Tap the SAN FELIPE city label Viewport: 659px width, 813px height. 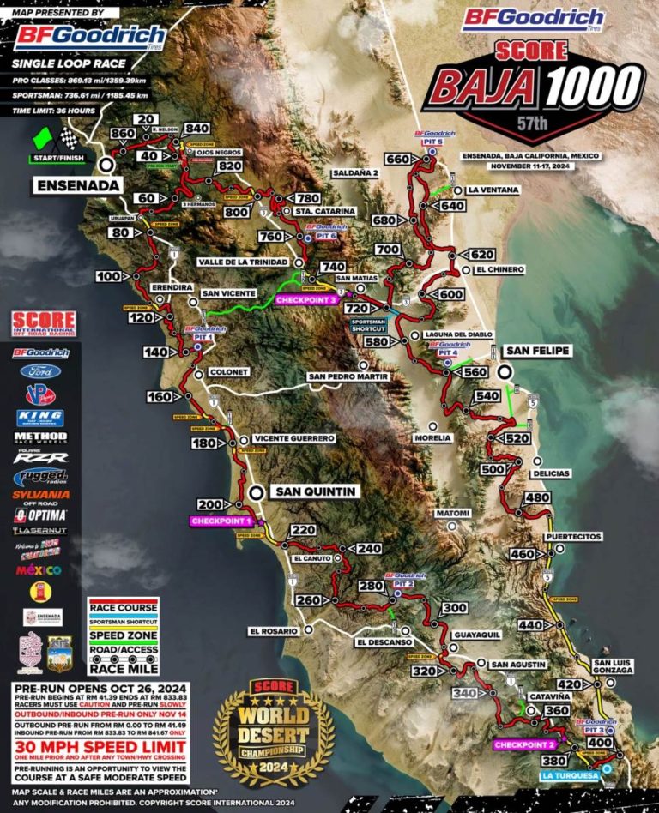(x=538, y=351)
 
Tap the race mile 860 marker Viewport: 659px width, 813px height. (x=123, y=134)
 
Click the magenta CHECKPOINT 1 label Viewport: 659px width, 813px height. (x=221, y=521)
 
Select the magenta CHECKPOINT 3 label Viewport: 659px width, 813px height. (x=305, y=300)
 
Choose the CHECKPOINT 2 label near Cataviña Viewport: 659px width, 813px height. (x=524, y=744)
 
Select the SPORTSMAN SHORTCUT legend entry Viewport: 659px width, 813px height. (x=124, y=621)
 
